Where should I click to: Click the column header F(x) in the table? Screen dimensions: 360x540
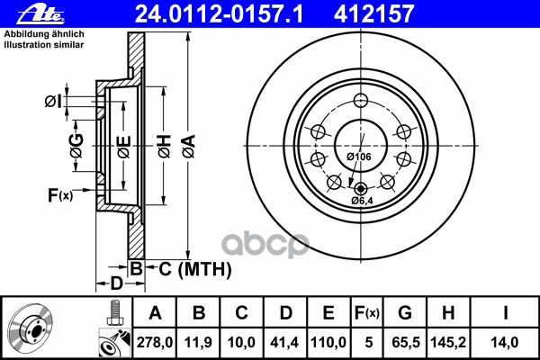(367, 312)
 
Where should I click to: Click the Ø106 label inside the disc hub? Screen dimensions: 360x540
(359, 157)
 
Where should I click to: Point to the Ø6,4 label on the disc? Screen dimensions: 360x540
(363, 200)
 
